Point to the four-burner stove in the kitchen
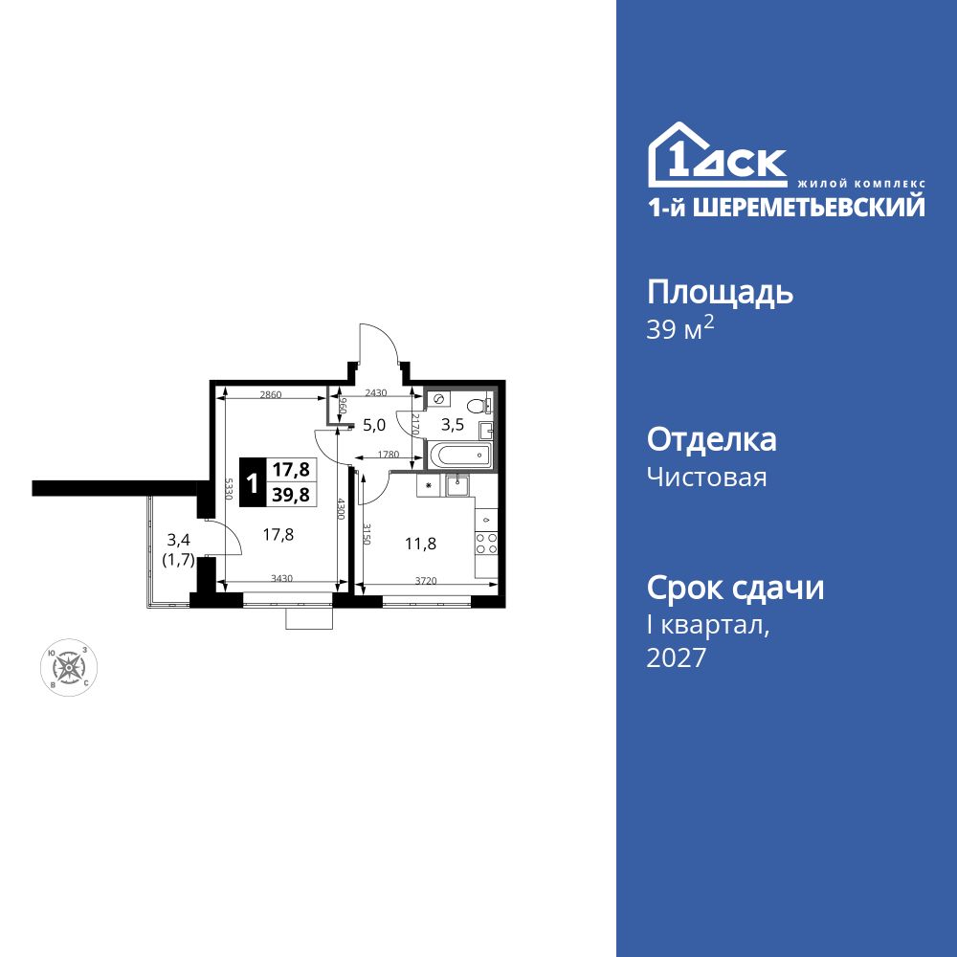(x=486, y=544)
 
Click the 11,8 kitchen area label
(x=422, y=544)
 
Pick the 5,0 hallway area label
(x=372, y=424)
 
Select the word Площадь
(x=720, y=292)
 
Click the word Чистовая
(x=707, y=477)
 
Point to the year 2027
(x=678, y=658)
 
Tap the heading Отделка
(x=712, y=440)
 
